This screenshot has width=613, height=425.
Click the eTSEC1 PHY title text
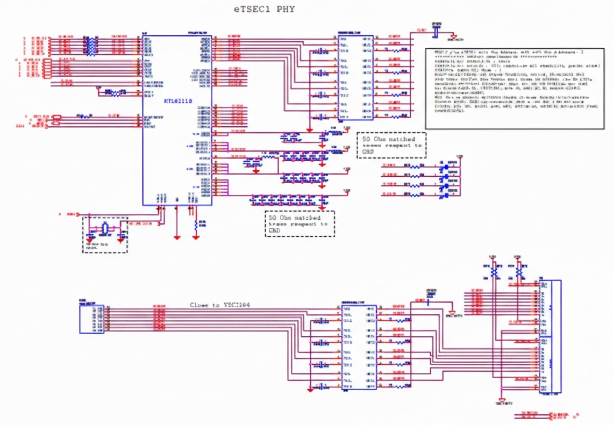pyautogui.click(x=264, y=9)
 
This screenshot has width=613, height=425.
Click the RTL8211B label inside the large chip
pyautogui.click(x=178, y=101)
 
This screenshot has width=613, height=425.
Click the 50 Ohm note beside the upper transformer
pyautogui.click(x=391, y=146)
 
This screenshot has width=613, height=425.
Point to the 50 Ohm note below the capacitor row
pyautogui.click(x=300, y=224)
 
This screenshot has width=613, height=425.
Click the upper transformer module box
pyautogui.click(x=355, y=78)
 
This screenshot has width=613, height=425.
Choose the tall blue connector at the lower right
pyautogui.click(x=550, y=336)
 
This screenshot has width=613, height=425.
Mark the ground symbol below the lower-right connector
pyautogui.click(x=502, y=400)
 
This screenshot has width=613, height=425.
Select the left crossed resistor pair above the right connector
pyautogui.click(x=495, y=271)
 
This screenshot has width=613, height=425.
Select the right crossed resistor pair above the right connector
pyautogui.click(x=519, y=271)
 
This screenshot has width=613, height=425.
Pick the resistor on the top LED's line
pyautogui.click(x=415, y=167)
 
